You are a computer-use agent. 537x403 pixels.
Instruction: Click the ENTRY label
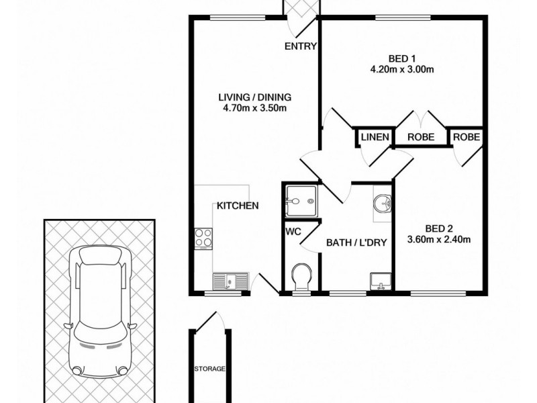coord(301,46)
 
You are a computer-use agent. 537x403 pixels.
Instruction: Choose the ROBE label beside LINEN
coord(422,138)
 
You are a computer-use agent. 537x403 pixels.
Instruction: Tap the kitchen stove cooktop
coord(205,238)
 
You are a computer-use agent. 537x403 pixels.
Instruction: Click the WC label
coord(293,232)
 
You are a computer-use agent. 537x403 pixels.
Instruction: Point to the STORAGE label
coord(209,369)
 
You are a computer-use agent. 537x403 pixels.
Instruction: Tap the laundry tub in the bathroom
coord(381,281)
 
